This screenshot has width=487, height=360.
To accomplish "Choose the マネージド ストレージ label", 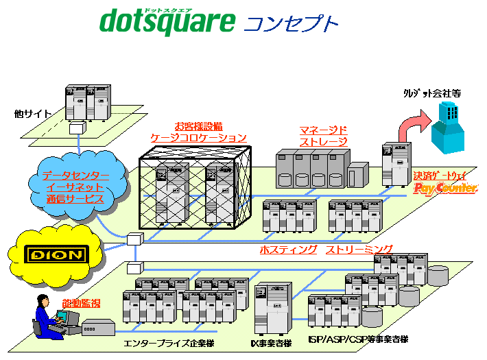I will click(x=323, y=136).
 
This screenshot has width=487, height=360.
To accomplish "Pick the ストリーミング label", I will click(x=359, y=250).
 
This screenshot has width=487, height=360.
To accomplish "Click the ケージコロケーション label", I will click(x=198, y=138).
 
